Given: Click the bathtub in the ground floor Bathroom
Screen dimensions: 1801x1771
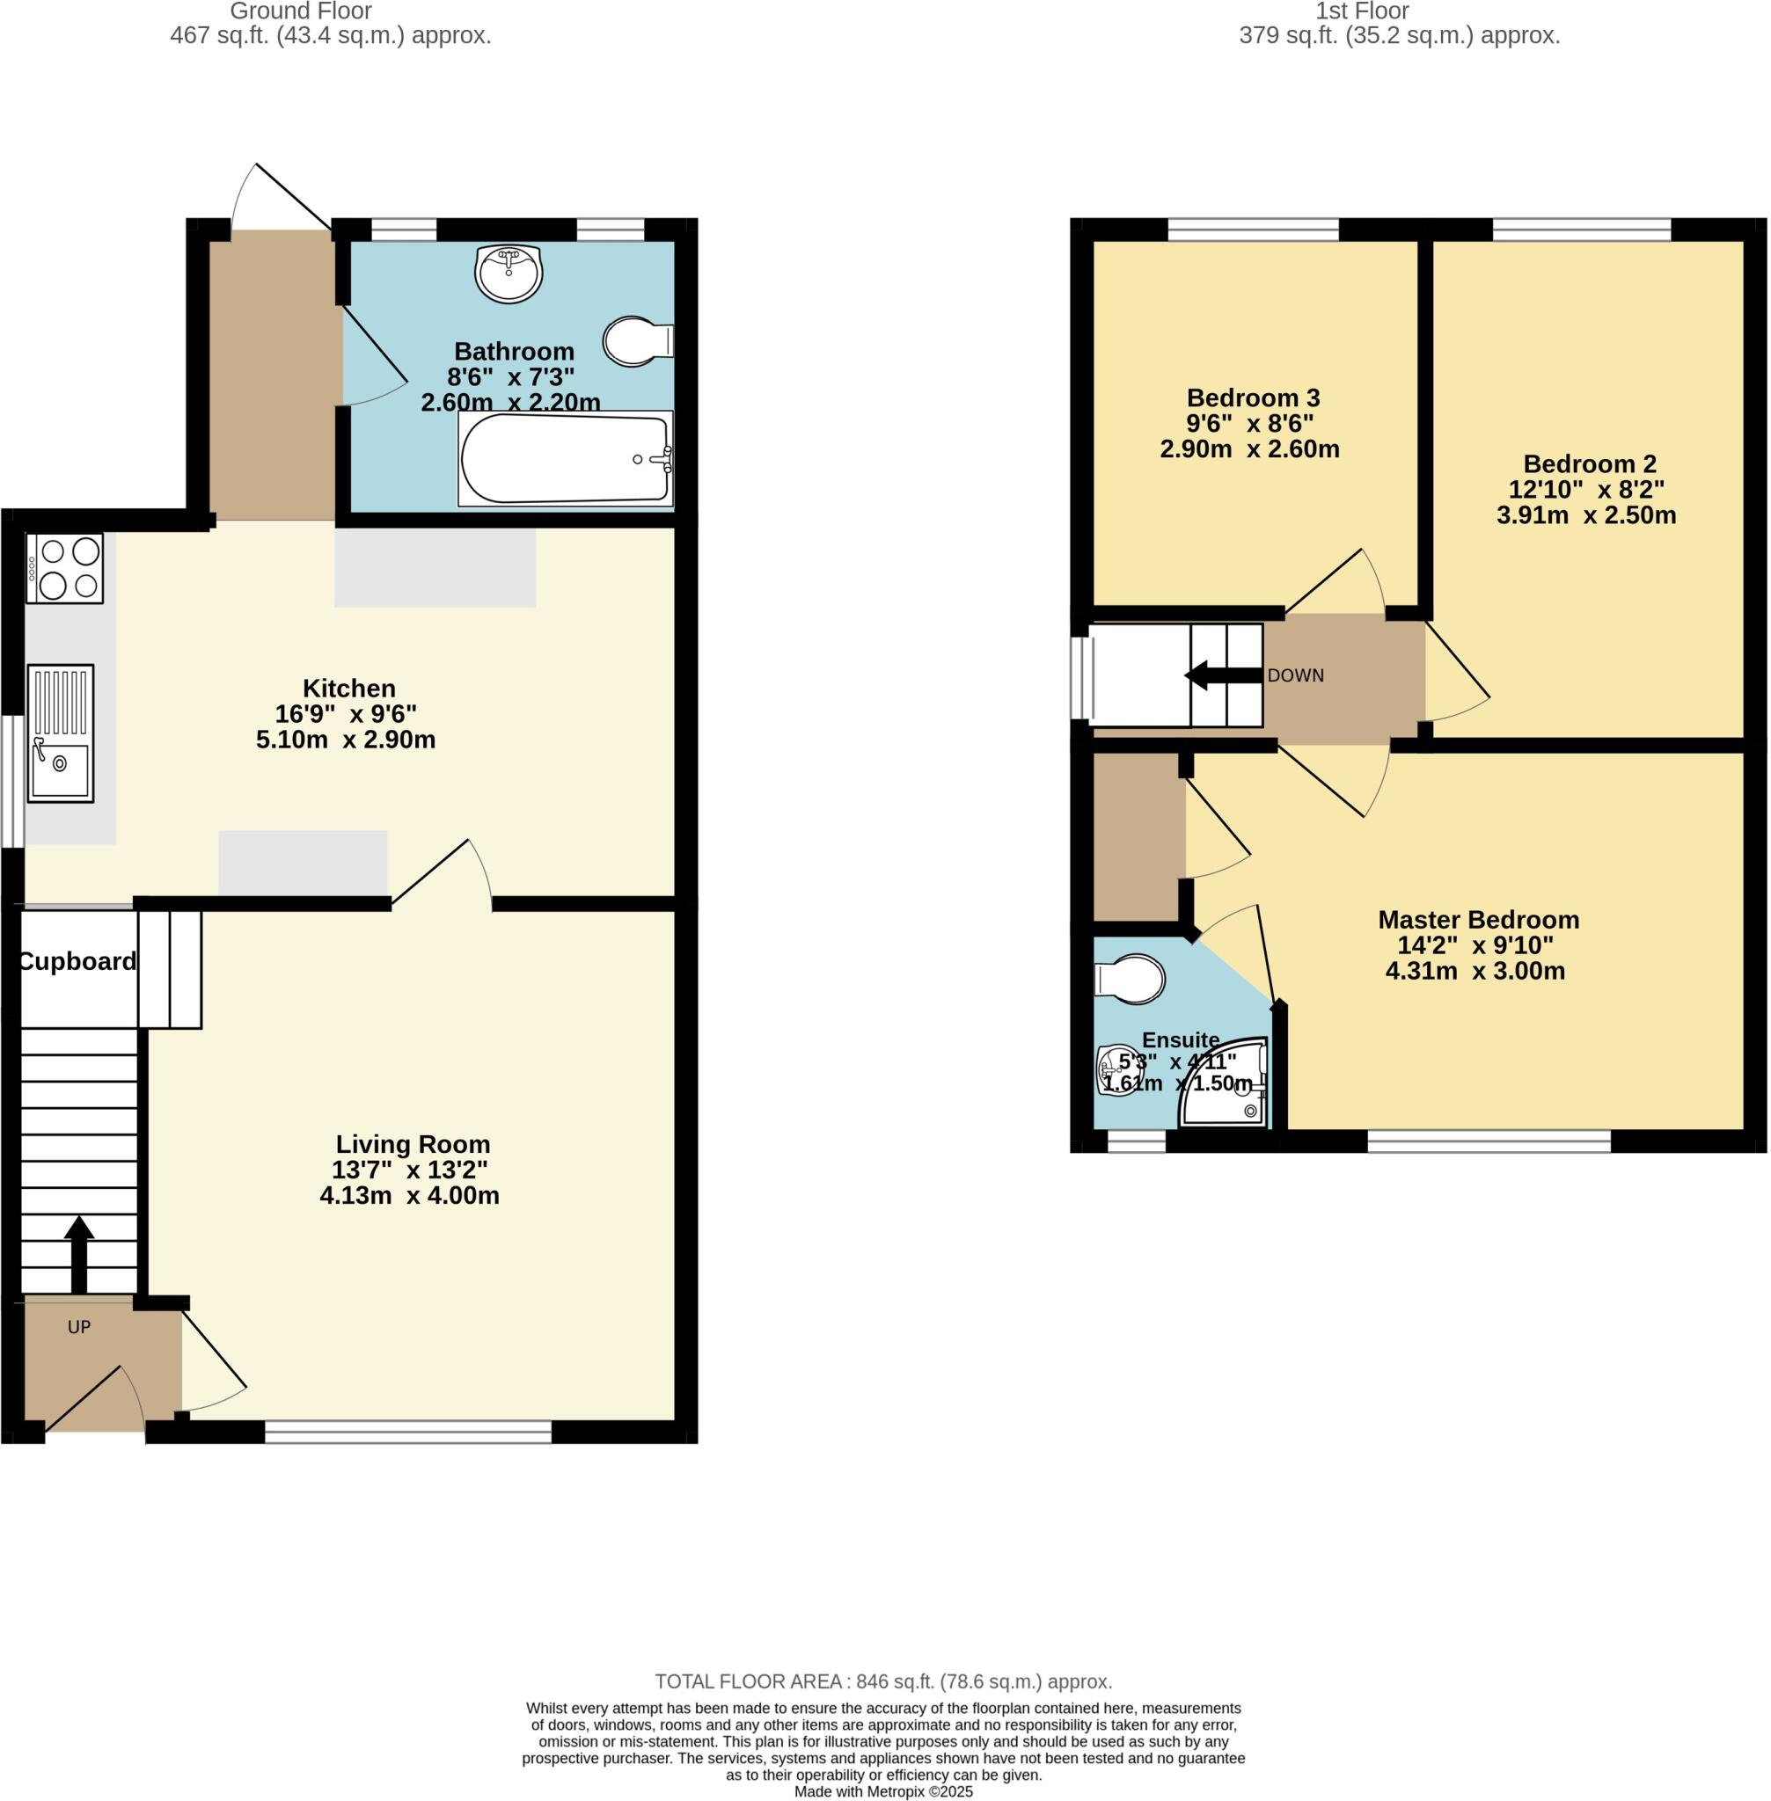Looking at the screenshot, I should coord(565,459).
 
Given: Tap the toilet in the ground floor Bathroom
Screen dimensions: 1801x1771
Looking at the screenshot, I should coord(636,341).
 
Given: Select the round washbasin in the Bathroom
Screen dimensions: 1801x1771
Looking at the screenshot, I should coord(508,273).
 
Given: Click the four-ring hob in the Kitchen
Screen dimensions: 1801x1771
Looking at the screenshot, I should coord(64,568).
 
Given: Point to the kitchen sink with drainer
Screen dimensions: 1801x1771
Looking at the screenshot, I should coord(61,733).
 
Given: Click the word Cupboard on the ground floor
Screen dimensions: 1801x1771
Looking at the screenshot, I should coord(78,961).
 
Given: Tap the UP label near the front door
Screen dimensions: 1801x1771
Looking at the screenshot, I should coord(79,1327).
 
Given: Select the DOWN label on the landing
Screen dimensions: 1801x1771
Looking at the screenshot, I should coord(1295,676).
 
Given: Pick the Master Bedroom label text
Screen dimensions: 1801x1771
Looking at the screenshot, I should coord(1478,920).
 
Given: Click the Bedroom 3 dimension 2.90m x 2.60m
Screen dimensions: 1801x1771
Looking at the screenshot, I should coord(1249,449).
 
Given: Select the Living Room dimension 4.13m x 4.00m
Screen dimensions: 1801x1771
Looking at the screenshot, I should coord(409,1196).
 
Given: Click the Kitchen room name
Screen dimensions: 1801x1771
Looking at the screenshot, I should coord(348,688).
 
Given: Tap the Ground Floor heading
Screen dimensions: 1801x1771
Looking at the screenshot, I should coord(300,11).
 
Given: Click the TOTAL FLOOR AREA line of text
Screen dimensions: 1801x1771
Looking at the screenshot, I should coord(883,1681).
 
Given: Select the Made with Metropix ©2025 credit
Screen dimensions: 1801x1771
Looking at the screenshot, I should coord(883,1791).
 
